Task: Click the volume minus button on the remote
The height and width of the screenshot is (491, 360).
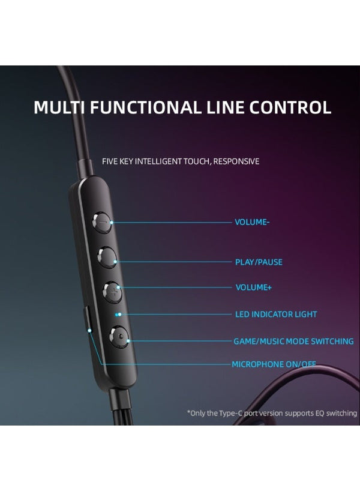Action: (102, 222)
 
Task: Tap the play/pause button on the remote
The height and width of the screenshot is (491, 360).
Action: (107, 257)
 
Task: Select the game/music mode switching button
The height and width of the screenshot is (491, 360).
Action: (119, 337)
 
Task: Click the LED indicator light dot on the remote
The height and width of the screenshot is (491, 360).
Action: (117, 315)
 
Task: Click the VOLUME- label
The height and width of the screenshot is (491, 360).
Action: (252, 222)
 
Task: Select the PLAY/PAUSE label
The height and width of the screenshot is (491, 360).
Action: (259, 262)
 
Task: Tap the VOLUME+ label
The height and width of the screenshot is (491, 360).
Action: (254, 287)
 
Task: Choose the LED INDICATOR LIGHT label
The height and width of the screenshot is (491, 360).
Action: (276, 314)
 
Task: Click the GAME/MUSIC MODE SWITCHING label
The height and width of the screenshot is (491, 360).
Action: (293, 341)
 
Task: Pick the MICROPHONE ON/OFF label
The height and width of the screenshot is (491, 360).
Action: (274, 364)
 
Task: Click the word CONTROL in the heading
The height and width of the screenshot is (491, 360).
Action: (290, 107)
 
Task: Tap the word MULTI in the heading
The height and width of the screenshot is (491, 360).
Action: (59, 107)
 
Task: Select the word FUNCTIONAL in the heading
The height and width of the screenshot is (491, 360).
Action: (145, 107)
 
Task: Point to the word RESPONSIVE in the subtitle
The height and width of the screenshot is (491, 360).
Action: (236, 161)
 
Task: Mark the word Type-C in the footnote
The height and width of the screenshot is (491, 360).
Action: (231, 413)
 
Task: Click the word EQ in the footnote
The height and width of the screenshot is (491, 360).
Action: (320, 413)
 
